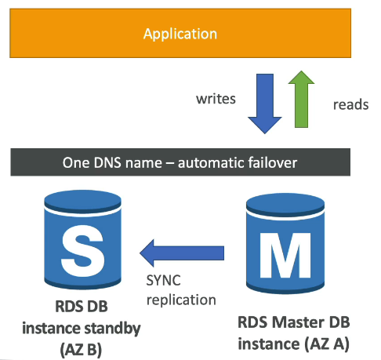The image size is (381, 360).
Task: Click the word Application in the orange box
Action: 180,34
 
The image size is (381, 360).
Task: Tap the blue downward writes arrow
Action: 265,104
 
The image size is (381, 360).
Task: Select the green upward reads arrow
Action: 301,99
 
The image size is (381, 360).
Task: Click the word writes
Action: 216,99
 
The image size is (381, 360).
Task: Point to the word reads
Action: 351,104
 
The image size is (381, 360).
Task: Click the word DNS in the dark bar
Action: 107,162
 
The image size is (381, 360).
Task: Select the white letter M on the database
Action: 285,255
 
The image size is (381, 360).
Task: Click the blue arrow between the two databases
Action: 182,253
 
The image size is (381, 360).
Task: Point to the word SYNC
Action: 163,281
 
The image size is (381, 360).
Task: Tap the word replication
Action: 181,300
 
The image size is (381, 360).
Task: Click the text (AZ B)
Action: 81,349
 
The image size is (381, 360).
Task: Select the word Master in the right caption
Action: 298,322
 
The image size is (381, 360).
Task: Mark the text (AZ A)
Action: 327,344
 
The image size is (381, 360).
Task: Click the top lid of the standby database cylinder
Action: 82,201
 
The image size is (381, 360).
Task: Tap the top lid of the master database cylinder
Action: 285,205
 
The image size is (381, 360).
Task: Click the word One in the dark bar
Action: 75,162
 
